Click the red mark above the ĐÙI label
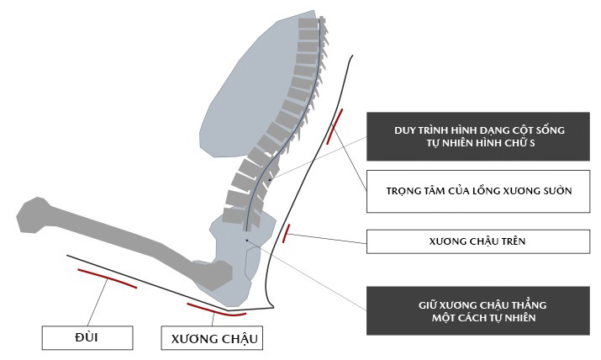pyautogui.click(x=107, y=278)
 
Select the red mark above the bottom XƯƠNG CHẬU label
pyautogui.click(x=216, y=310)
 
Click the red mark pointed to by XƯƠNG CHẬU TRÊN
pyautogui.click(x=287, y=233)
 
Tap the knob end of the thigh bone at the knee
pyautogui.click(x=34, y=215)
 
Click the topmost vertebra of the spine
pyautogui.click(x=308, y=24)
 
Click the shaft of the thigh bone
pyautogui.click(x=126, y=239)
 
